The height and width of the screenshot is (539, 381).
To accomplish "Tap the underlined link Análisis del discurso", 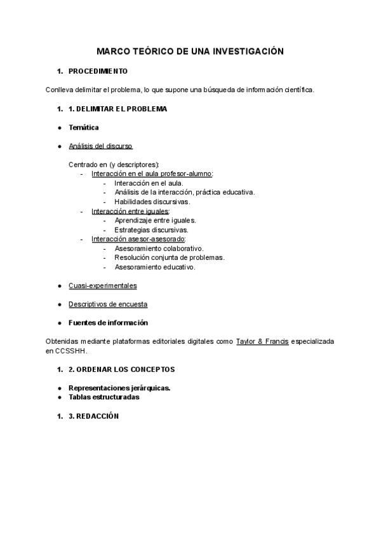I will tap(100, 146).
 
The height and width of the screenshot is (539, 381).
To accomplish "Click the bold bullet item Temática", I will tap(84, 128).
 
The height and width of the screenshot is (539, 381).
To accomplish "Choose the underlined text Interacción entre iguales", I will tap(130, 211).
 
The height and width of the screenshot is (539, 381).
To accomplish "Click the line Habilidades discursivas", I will tap(152, 201).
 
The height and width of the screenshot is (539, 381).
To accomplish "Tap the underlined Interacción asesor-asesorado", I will tap(138, 240).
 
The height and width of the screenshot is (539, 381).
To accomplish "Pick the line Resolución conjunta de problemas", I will tap(170, 258).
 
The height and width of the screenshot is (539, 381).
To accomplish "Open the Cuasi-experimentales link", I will tap(102, 286).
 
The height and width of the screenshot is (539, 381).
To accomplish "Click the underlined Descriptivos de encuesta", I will tap(108, 304).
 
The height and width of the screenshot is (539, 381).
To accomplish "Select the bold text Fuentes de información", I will tap(108, 322).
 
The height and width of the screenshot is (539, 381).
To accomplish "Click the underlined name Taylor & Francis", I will tap(262, 341).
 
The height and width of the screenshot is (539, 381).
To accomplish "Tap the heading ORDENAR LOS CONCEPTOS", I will tap(125, 369).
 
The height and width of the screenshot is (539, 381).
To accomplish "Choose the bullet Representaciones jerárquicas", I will tap(119, 388).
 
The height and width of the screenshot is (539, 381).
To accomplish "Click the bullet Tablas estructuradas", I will tap(104, 397).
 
